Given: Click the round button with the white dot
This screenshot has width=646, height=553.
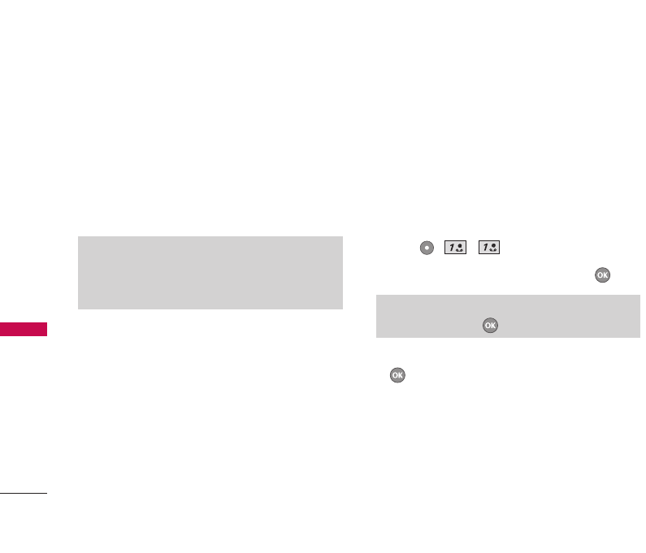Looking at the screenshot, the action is [x=427, y=248].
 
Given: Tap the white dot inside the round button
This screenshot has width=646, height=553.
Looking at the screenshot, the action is [x=427, y=248].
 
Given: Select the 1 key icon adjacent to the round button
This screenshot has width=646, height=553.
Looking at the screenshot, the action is [x=455, y=248].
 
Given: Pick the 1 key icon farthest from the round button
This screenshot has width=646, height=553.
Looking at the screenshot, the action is [x=489, y=248].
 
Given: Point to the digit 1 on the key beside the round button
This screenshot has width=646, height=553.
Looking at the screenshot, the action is [x=452, y=248].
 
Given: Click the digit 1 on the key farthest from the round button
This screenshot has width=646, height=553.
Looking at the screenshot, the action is [x=485, y=248].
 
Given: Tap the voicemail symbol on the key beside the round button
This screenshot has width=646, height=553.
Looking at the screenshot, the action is [x=460, y=248].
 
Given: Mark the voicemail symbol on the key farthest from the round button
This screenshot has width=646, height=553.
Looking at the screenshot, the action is [x=493, y=248].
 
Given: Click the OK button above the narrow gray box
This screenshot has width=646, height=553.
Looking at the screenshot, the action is [x=602, y=275].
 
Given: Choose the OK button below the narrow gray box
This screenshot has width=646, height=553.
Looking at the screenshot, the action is [x=397, y=375].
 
